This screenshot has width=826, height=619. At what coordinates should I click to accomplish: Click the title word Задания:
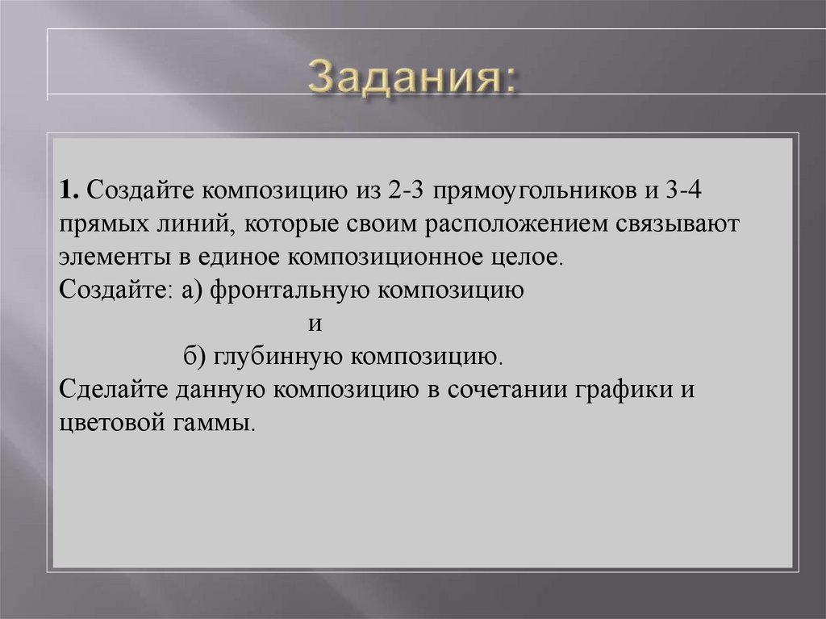(x=412, y=78)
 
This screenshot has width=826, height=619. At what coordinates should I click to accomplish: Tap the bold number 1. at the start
(x=69, y=192)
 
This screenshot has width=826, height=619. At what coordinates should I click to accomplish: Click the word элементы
(x=100, y=258)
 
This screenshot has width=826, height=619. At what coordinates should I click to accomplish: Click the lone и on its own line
(x=315, y=324)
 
